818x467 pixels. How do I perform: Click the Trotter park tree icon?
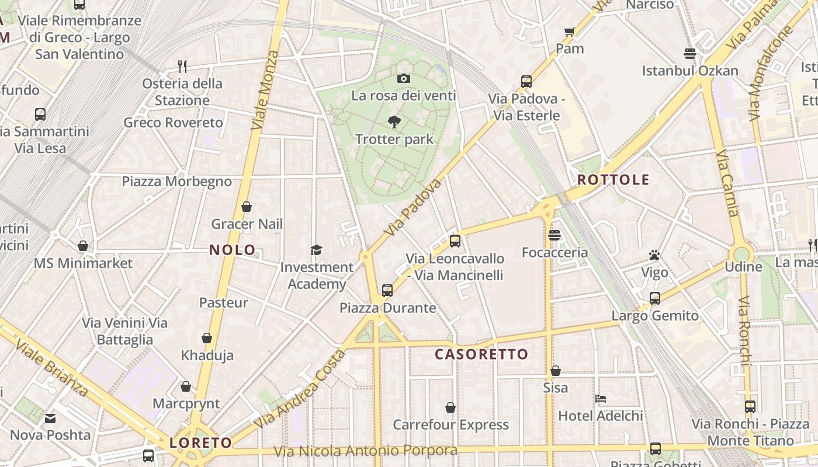394,122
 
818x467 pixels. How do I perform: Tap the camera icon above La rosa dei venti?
403,78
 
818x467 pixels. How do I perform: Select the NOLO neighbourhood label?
233,250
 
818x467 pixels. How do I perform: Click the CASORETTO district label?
481,354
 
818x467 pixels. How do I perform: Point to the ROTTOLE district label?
613,179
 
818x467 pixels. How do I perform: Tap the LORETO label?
201,442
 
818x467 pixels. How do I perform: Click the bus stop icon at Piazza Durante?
387,290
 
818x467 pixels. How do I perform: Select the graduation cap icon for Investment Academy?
316,250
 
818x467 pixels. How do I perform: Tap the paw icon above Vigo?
654,255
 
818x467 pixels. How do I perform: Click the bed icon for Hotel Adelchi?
601,399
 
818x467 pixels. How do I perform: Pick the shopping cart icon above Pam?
570,32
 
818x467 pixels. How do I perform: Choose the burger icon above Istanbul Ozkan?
690,54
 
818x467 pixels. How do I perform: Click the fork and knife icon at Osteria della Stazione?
182,66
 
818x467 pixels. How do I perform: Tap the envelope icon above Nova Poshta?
50,418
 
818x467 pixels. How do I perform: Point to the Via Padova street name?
413,207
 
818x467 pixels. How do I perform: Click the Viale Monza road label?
265,90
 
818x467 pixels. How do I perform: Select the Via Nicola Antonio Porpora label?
366,451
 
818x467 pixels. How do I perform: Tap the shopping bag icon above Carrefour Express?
450,407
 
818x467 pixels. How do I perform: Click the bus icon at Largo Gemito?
655,298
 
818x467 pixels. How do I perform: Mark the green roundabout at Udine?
742,254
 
